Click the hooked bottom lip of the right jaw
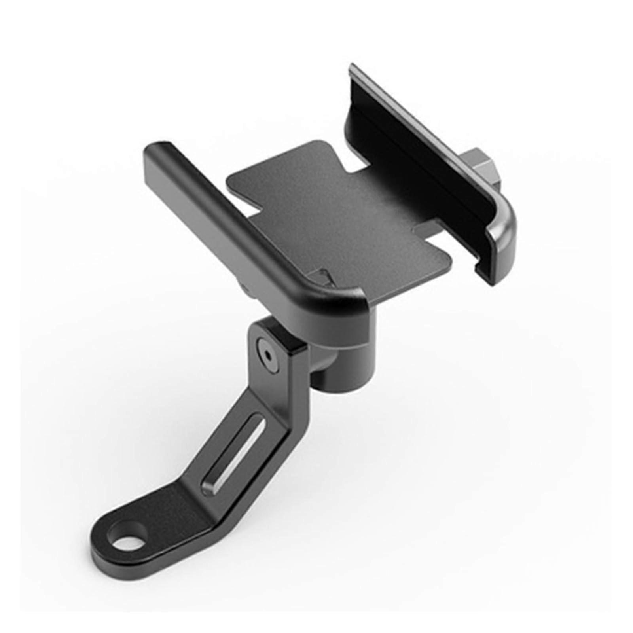click(x=485, y=273)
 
